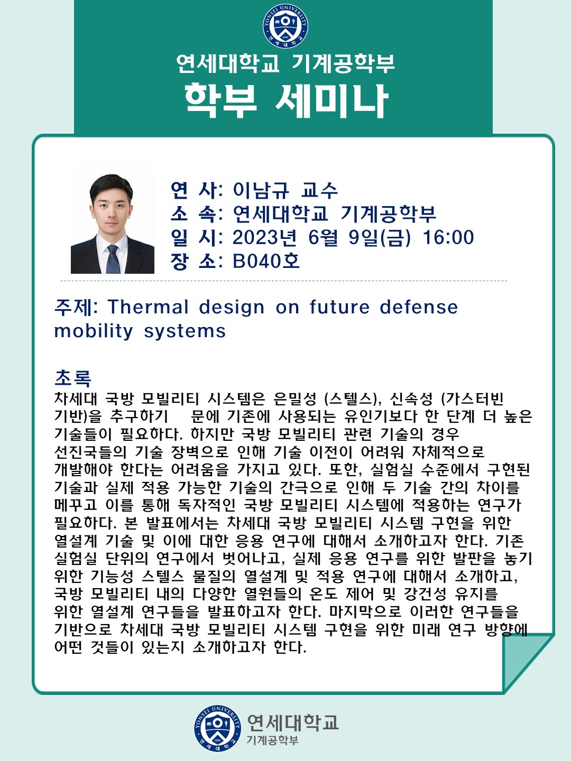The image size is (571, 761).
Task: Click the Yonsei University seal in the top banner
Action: point(285,26)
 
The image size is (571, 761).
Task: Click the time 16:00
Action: point(448,237)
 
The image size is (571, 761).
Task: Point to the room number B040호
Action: point(266,261)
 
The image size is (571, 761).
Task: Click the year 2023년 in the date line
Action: point(264,237)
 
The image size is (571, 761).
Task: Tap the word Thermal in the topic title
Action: point(148,307)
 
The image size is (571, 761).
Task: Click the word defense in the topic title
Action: point(419,307)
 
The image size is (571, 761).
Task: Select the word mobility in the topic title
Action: point(94,331)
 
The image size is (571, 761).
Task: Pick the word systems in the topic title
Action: point(185,332)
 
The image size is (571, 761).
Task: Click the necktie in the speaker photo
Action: point(112,258)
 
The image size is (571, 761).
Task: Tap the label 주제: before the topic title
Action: point(76,307)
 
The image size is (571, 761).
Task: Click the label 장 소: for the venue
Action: point(197,262)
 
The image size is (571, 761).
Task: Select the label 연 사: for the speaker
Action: point(197,190)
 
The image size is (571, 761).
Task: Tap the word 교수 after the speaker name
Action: point(319,190)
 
